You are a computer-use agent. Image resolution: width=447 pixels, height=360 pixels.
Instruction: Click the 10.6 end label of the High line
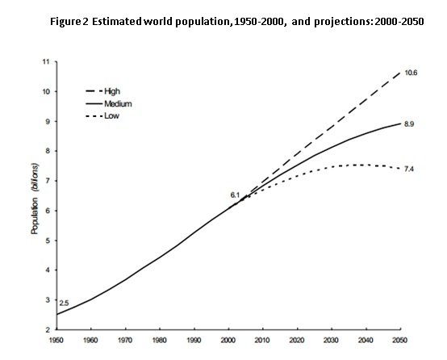[411, 73]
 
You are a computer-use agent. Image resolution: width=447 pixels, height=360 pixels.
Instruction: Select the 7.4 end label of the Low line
[411, 168]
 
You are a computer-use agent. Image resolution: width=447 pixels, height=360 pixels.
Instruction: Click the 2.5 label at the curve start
[65, 303]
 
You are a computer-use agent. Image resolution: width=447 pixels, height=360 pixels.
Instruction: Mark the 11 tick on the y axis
[46, 61]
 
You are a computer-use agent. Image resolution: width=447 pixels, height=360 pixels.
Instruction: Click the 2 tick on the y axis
[48, 330]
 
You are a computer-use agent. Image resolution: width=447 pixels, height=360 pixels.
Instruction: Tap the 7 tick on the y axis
[48, 181]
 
